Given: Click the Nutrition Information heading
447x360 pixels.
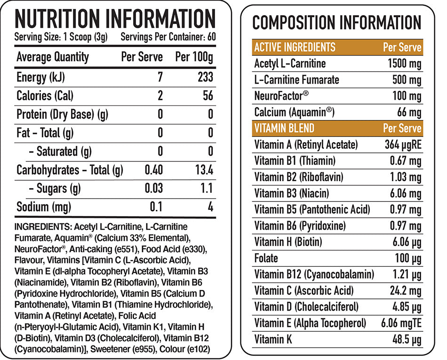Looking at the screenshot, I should click(x=115, y=19).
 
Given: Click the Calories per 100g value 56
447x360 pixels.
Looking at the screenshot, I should click(x=208, y=96).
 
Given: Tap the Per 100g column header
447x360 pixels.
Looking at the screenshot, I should click(x=194, y=57).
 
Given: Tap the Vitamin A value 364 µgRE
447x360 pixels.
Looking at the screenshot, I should click(x=403, y=144).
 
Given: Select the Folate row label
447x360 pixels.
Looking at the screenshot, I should click(x=266, y=258).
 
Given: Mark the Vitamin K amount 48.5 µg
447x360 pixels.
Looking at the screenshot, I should click(x=407, y=339).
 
